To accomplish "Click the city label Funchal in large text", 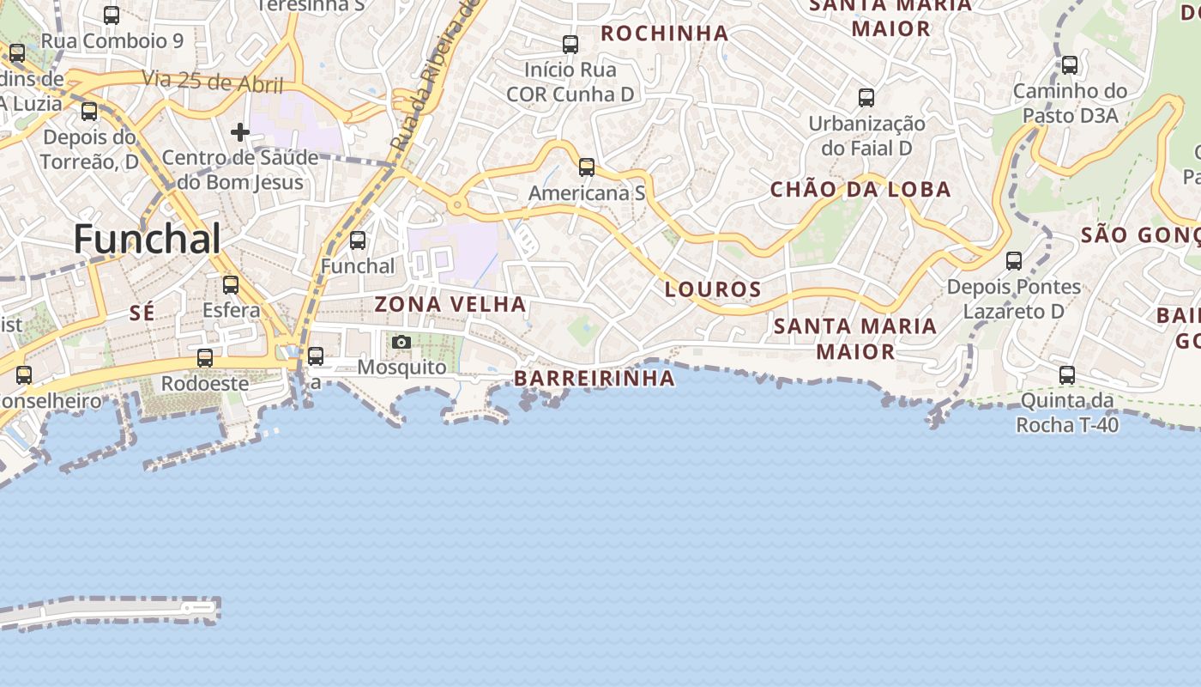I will click(148, 238).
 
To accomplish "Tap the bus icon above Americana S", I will click(587, 167).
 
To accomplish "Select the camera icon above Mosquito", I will click(401, 342).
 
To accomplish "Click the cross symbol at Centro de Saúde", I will click(240, 132).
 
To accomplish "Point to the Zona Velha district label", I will click(450, 304).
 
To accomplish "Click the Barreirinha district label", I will click(594, 378).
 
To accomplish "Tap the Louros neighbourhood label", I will click(713, 289).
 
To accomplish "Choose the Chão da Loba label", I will click(860, 190).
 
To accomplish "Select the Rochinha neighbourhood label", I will click(664, 33).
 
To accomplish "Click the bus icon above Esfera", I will click(231, 284).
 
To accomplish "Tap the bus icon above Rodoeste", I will click(205, 357).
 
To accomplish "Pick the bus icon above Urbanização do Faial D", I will click(866, 97).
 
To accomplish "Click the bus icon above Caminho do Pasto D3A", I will click(1070, 64).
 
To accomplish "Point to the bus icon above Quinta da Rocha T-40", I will click(1067, 374).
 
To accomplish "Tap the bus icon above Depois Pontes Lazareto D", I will click(1014, 260).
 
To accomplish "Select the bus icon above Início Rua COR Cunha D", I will click(570, 44).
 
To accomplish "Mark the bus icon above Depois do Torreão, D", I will click(89, 111).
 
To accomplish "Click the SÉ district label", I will click(142, 313).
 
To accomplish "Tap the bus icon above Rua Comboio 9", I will click(112, 15).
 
